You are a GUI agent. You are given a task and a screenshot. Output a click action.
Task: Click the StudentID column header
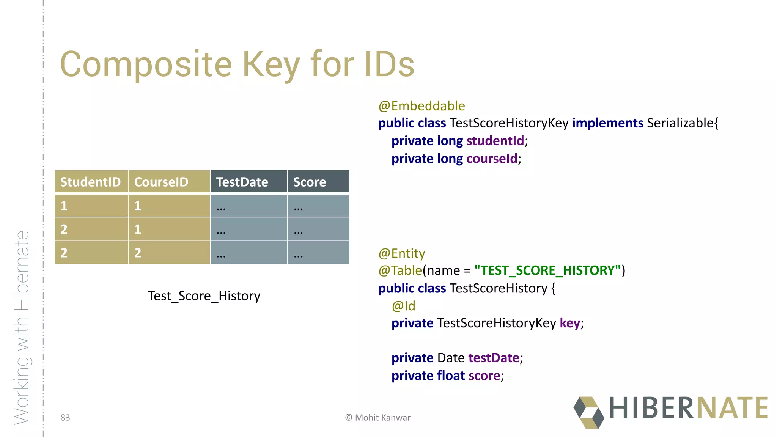click(91, 182)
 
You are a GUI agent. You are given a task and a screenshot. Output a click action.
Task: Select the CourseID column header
click(161, 182)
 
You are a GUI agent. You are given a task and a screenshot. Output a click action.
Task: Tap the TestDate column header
click(242, 182)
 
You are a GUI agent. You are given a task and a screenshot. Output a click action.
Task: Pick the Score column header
click(310, 182)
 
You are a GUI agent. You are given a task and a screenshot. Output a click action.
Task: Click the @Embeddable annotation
click(422, 106)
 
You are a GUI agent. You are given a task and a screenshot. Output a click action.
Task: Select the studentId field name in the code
click(495, 141)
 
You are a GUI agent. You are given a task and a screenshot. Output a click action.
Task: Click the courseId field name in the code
click(492, 159)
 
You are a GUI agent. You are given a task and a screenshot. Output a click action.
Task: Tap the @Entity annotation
click(402, 253)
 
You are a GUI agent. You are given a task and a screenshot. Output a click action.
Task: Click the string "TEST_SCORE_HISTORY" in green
click(547, 270)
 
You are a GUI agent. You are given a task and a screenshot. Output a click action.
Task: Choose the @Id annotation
click(403, 306)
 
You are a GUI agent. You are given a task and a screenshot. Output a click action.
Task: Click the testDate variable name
click(494, 358)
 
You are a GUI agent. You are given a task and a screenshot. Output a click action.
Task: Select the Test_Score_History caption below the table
click(204, 296)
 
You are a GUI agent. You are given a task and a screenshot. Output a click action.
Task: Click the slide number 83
click(65, 418)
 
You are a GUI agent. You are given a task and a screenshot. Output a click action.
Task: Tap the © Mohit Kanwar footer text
click(377, 418)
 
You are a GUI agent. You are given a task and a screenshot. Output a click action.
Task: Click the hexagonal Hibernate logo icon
click(588, 413)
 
